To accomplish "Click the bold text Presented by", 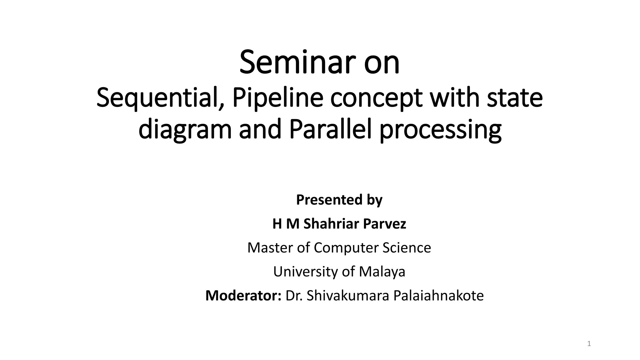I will [339, 200].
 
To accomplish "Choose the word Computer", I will [346, 248].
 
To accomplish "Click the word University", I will [306, 272].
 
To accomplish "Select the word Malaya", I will [382, 272].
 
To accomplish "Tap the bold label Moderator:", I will [243, 296].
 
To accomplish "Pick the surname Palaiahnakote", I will [438, 296].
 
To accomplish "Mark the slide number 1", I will [589, 344].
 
